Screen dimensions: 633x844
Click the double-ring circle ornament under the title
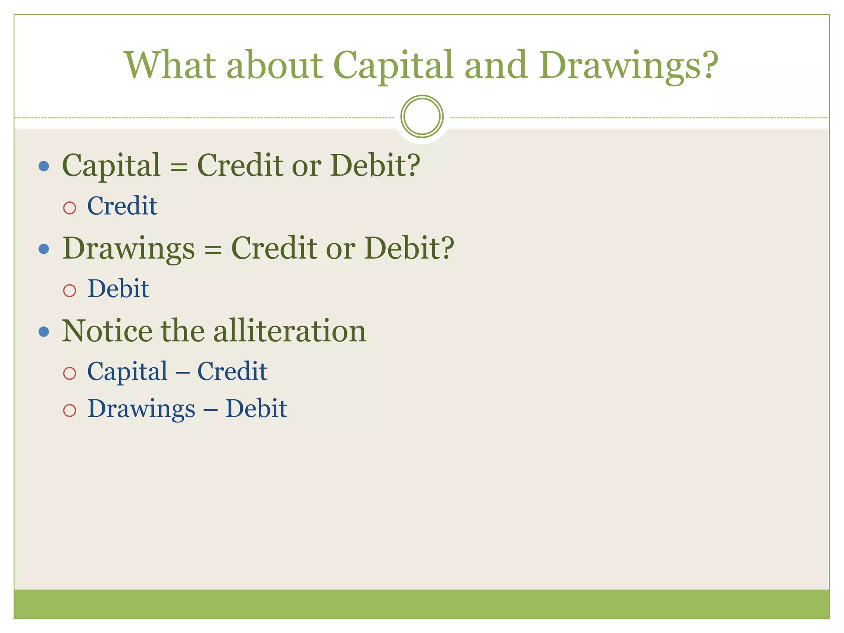[x=422, y=116]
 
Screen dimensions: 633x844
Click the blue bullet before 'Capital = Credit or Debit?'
[x=44, y=166]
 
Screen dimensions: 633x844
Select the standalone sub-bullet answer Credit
[x=122, y=206]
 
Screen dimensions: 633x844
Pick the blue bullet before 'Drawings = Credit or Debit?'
[x=44, y=249]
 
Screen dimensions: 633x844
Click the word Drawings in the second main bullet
[x=129, y=249]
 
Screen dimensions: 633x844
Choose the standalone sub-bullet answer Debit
[x=118, y=288]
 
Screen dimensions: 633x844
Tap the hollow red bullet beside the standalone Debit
[x=70, y=291]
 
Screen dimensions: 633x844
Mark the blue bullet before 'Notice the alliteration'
[x=44, y=332]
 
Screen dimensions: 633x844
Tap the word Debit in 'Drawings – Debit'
[x=256, y=409]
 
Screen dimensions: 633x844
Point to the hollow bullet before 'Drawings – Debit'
[x=70, y=410]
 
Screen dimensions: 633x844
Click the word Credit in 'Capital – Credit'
[x=232, y=371]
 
